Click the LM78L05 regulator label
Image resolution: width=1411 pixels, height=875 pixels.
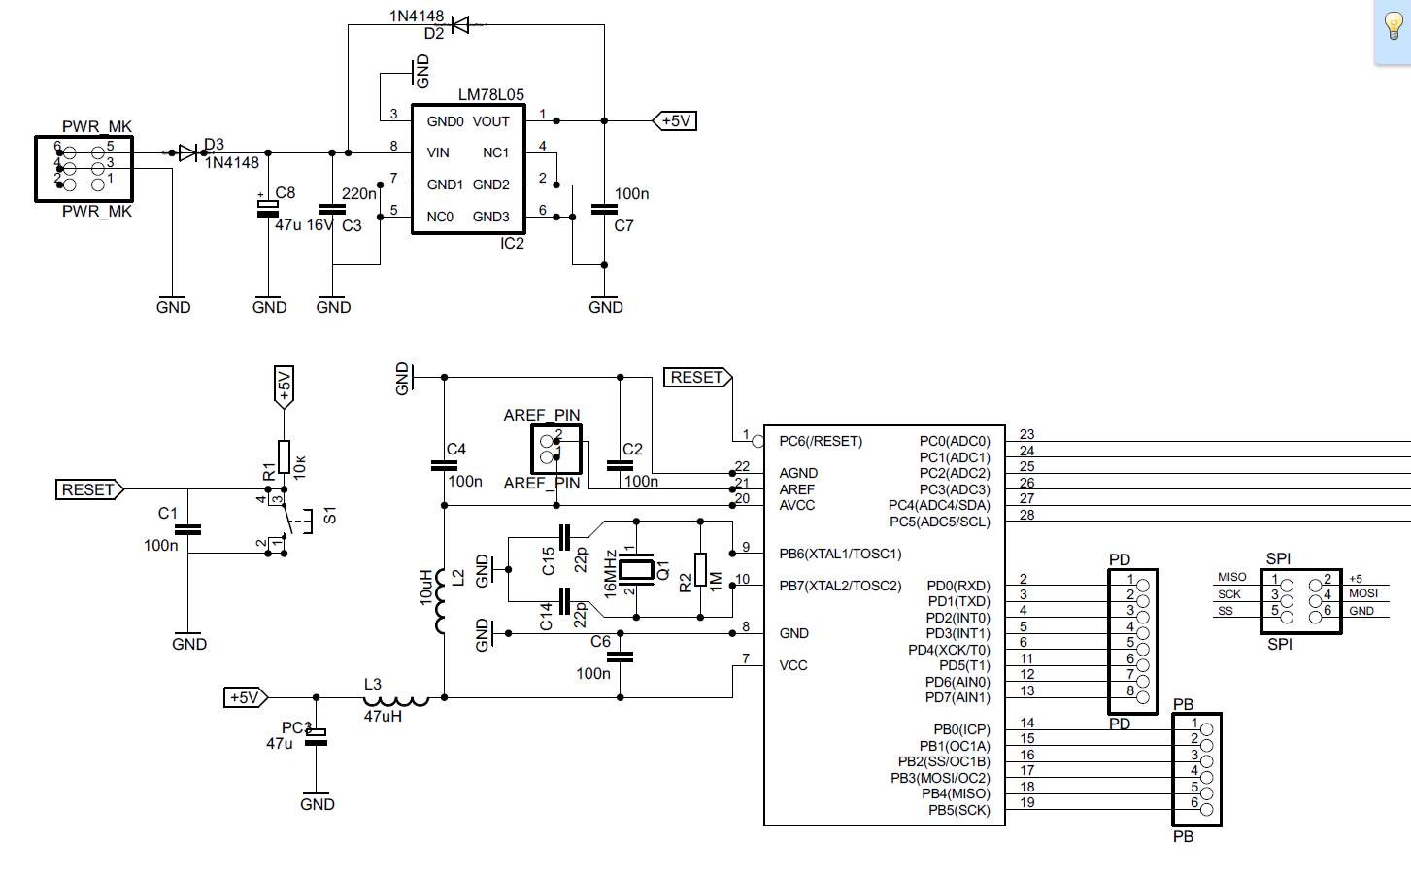(490, 94)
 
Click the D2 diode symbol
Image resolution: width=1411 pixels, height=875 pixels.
(460, 25)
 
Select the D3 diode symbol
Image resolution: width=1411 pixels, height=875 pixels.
(188, 152)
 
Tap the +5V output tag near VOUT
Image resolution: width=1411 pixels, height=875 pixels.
(675, 120)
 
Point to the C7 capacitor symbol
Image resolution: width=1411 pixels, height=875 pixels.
(604, 209)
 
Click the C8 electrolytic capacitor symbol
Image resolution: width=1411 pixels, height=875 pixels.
(268, 209)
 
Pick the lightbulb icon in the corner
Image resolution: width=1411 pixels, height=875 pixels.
(1393, 27)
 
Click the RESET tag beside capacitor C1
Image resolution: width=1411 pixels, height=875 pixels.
(88, 489)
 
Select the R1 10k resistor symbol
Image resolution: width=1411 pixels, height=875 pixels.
(284, 456)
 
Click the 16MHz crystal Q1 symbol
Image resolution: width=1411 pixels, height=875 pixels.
(636, 569)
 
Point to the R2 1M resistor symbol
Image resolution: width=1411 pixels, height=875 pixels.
(700, 569)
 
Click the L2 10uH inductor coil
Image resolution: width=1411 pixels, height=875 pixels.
(443, 600)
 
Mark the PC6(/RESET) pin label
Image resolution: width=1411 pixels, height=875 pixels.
(821, 441)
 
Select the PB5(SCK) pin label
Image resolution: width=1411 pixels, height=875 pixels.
(958, 810)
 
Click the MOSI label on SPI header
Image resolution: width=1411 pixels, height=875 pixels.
(1362, 593)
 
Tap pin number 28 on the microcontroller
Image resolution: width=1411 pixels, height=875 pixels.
(1026, 515)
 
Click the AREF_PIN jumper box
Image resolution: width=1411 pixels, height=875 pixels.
(556, 449)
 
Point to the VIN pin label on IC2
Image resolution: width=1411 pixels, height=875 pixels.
(438, 152)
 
